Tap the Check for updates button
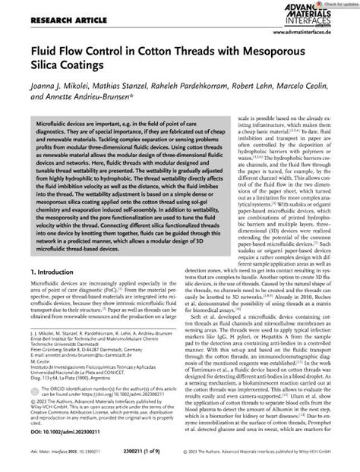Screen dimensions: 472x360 tap(334, 4)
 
